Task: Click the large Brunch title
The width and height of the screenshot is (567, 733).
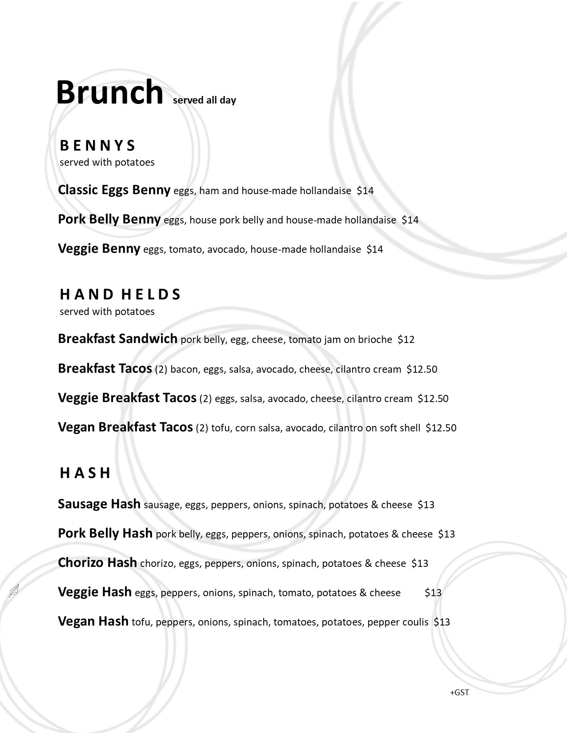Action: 109,92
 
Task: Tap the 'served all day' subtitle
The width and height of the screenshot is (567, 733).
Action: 204,100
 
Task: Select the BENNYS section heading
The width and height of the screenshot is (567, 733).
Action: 97,146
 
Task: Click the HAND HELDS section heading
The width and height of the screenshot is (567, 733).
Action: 120,295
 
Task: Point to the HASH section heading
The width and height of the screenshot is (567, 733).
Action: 85,473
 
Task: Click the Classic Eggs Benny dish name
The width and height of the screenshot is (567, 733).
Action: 114,190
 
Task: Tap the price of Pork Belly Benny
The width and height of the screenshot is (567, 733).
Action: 410,220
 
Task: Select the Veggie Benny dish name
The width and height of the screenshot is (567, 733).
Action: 99,249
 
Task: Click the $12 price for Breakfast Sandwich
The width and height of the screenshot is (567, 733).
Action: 406,340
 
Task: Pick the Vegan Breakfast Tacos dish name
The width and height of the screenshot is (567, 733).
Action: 125,427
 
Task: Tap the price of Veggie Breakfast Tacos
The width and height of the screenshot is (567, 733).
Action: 433,398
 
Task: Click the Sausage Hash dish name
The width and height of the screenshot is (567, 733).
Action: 99,504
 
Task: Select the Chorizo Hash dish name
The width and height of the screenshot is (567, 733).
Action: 97,563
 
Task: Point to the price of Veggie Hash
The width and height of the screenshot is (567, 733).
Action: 433,593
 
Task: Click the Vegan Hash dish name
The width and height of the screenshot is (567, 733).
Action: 93,621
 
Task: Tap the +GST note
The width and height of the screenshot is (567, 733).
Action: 459,693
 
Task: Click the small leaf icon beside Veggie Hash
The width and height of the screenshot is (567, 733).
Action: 14,591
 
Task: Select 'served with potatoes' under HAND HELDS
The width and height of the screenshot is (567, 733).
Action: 107,311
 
